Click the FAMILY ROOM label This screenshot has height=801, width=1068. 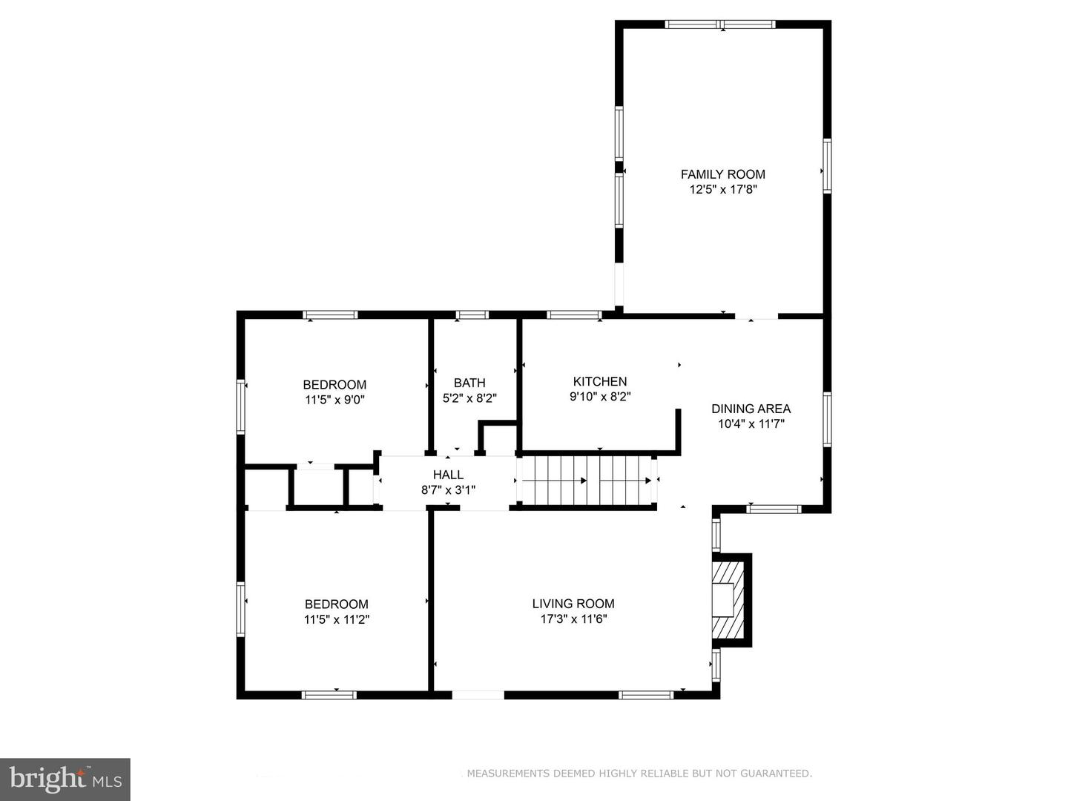[722, 174]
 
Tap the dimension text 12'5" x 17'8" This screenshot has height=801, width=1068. [722, 190]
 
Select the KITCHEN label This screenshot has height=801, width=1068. [600, 381]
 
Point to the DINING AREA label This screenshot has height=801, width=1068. [751, 409]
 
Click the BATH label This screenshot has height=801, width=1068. [469, 383]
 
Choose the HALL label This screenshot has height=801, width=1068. [448, 475]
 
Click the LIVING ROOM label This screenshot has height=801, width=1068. [573, 604]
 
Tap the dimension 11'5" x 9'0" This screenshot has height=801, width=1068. [334, 400]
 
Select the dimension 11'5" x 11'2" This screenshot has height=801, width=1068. [336, 619]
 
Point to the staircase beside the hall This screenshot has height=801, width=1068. [587, 480]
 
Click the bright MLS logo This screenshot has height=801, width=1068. [65, 779]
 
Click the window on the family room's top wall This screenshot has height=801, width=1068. [720, 24]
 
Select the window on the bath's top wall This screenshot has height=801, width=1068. [472, 315]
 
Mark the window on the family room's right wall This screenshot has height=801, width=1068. [826, 166]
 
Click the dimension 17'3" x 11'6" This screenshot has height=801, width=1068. [573, 619]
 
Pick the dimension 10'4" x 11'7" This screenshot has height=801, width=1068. [751, 424]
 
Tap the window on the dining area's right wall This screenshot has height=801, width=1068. [826, 420]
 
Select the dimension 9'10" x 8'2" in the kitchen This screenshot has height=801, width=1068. [600, 397]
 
